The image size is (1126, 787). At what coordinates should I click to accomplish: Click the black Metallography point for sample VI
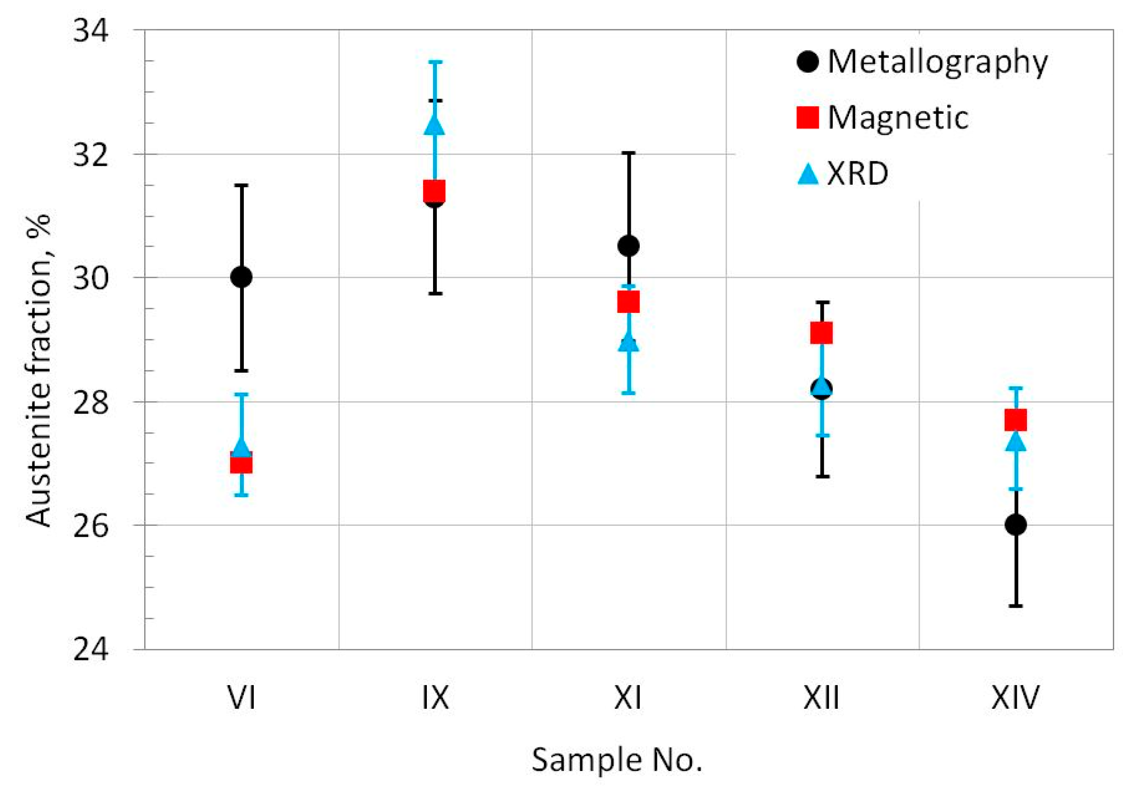(x=241, y=277)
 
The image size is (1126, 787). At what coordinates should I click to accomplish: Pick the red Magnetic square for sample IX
(x=434, y=191)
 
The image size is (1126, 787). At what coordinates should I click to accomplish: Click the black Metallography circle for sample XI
(x=628, y=246)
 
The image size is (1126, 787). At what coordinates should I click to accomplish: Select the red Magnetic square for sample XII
(x=822, y=333)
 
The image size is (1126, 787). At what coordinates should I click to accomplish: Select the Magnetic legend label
(x=897, y=118)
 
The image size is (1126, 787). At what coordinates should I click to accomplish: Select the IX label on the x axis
(x=435, y=698)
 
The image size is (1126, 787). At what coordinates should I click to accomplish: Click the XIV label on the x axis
(x=1015, y=698)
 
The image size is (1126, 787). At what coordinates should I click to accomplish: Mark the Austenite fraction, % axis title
(x=39, y=371)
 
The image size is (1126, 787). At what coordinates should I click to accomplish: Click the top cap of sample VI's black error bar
(x=241, y=185)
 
